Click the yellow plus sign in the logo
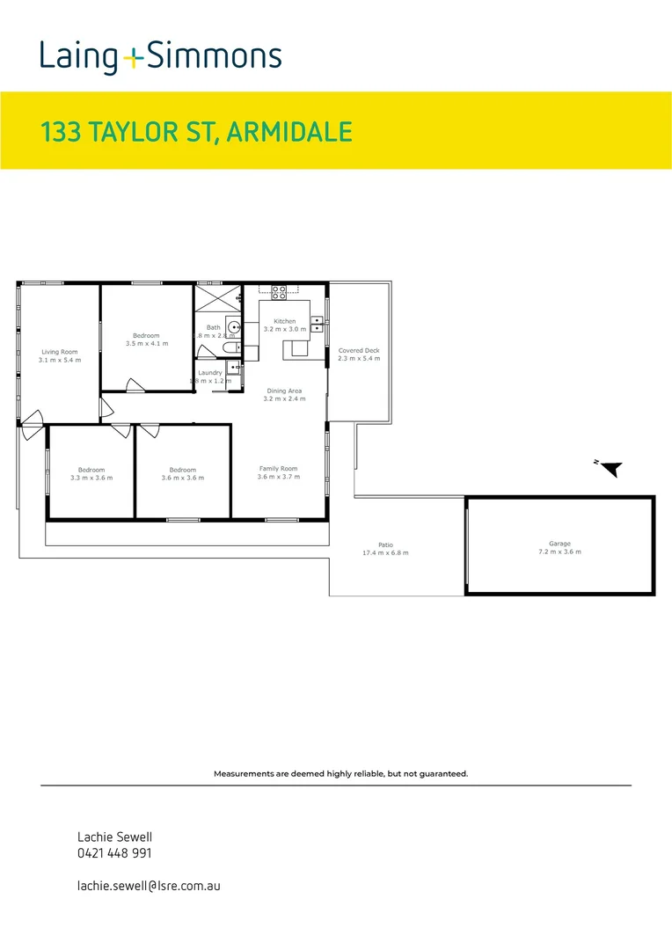click(x=132, y=59)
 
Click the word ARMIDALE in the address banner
click(x=289, y=132)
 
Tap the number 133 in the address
click(x=59, y=132)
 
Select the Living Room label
click(x=60, y=352)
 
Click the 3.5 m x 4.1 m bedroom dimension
click(x=146, y=344)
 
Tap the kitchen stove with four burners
click(x=279, y=289)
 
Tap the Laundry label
click(x=210, y=372)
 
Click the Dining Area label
click(x=284, y=391)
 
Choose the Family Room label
click(x=278, y=469)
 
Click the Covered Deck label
click(x=359, y=350)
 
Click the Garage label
click(x=559, y=544)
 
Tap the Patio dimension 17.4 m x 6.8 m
click(x=385, y=553)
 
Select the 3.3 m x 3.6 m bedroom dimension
click(x=91, y=478)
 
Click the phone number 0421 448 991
click(x=114, y=853)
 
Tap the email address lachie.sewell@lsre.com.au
click(x=149, y=886)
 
